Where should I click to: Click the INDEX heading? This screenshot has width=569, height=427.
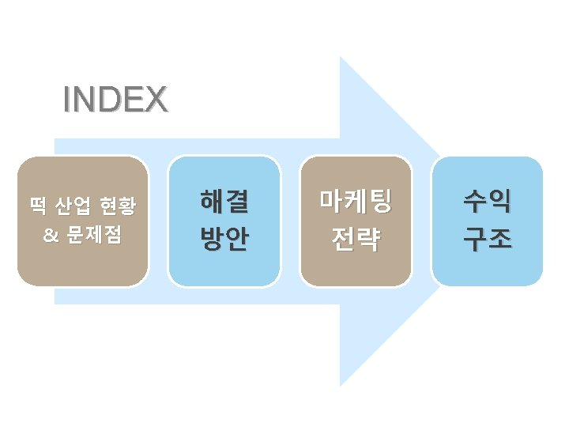pos(115,100)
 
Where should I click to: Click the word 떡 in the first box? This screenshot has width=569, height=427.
pos(37,207)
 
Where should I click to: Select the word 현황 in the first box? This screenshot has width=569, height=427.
pos(118,207)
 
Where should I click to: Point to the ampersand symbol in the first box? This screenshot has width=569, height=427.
pos(49,235)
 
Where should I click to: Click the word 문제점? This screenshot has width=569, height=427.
pos(94,235)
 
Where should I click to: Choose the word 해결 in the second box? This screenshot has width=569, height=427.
pos(224,202)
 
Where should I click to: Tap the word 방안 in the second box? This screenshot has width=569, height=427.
pos(224,237)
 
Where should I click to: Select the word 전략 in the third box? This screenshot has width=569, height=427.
pos(356,237)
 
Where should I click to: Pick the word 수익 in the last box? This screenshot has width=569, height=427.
pos(488,202)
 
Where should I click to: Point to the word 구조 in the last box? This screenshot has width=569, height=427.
pos(488,237)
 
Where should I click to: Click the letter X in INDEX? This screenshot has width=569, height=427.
pos(157,100)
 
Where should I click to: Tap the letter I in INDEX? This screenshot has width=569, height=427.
pos(67,100)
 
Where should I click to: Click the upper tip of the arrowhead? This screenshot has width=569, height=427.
pos(341,58)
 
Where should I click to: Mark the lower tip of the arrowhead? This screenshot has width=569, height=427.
pos(341,385)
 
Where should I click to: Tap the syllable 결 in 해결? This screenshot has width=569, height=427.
pos(237,202)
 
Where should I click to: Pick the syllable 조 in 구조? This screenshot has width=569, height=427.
pos(500,237)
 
